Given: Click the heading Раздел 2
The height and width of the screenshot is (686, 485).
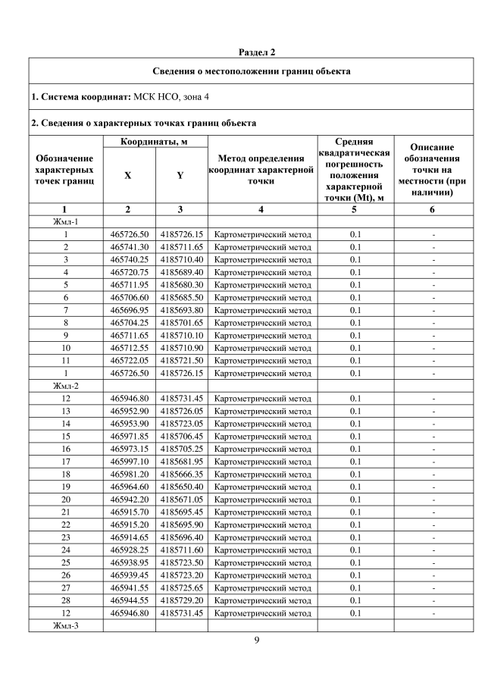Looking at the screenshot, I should point(257,52).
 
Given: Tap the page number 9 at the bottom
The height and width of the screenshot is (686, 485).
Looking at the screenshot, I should point(257,641).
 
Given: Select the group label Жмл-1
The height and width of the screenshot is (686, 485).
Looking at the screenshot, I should point(65,221).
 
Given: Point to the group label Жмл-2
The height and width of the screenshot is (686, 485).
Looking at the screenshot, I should point(65,386).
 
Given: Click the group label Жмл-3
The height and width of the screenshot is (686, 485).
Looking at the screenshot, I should point(65,625).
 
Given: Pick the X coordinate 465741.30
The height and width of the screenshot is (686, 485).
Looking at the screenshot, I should point(130,246).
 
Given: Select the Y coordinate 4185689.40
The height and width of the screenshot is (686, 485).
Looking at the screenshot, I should point(182,271).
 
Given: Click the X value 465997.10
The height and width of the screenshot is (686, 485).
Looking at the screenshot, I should point(130,461).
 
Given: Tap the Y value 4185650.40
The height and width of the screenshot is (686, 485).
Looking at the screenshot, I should point(182,486).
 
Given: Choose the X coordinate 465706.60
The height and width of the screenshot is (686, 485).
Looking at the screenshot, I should point(130,297).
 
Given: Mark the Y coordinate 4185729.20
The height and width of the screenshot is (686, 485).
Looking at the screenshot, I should point(182,600).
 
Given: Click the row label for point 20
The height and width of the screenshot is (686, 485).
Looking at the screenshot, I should point(65,499).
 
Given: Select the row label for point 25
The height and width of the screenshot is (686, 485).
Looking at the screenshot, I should point(65,562).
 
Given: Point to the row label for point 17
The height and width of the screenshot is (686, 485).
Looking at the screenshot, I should point(65,461).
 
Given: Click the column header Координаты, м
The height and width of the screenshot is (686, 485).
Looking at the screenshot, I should point(155,142).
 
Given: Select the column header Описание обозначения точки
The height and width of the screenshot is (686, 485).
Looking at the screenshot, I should point(432,170).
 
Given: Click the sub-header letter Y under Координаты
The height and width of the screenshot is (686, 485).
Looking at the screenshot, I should point(180,175).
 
